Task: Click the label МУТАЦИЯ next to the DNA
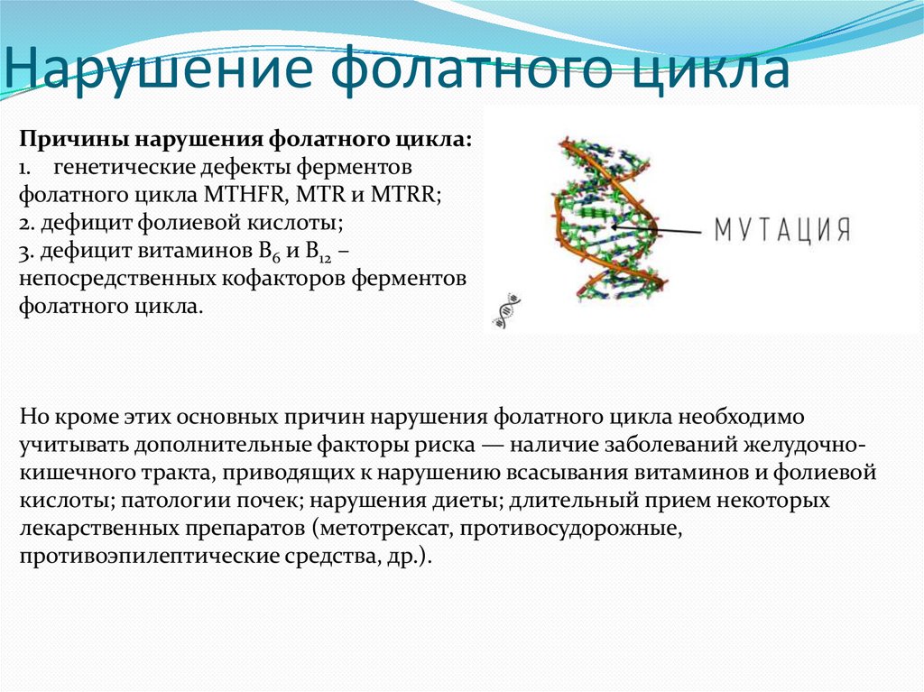click(782, 229)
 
